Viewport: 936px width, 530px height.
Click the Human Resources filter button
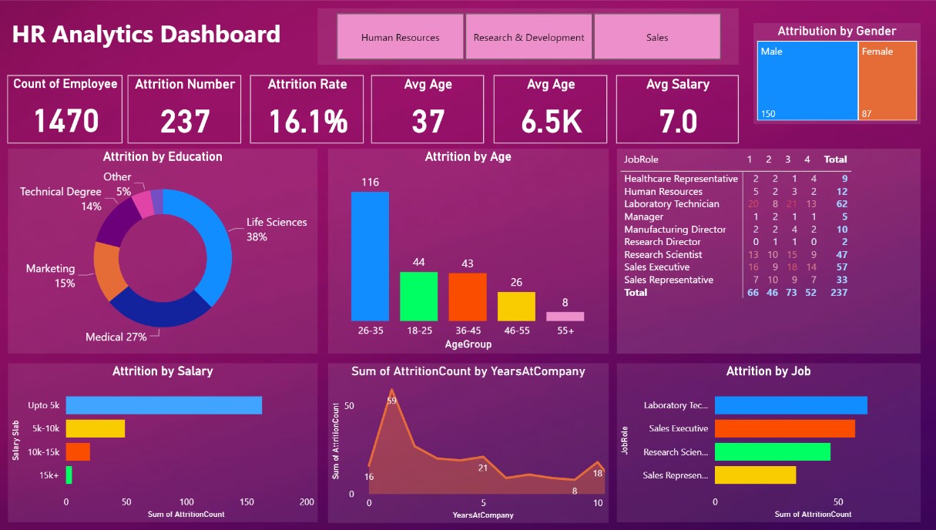[400, 37]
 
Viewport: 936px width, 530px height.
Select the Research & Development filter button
[528, 37]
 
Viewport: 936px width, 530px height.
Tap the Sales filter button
[657, 37]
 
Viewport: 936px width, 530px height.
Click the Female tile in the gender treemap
[887, 80]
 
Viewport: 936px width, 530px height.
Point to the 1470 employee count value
[66, 121]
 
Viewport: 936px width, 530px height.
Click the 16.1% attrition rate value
[307, 121]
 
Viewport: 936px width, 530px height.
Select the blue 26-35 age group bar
[370, 256]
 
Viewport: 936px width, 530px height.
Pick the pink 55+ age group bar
[565, 316]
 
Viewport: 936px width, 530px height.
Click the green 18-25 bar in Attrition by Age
[418, 296]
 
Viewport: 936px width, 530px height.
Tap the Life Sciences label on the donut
[277, 222]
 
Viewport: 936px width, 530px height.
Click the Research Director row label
[662, 242]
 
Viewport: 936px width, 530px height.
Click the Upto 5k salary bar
[163, 405]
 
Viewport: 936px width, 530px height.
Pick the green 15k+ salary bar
[69, 475]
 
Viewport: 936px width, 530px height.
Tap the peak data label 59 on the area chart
[391, 401]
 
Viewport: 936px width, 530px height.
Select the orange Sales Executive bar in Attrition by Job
[784, 428]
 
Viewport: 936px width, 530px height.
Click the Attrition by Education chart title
[163, 156]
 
